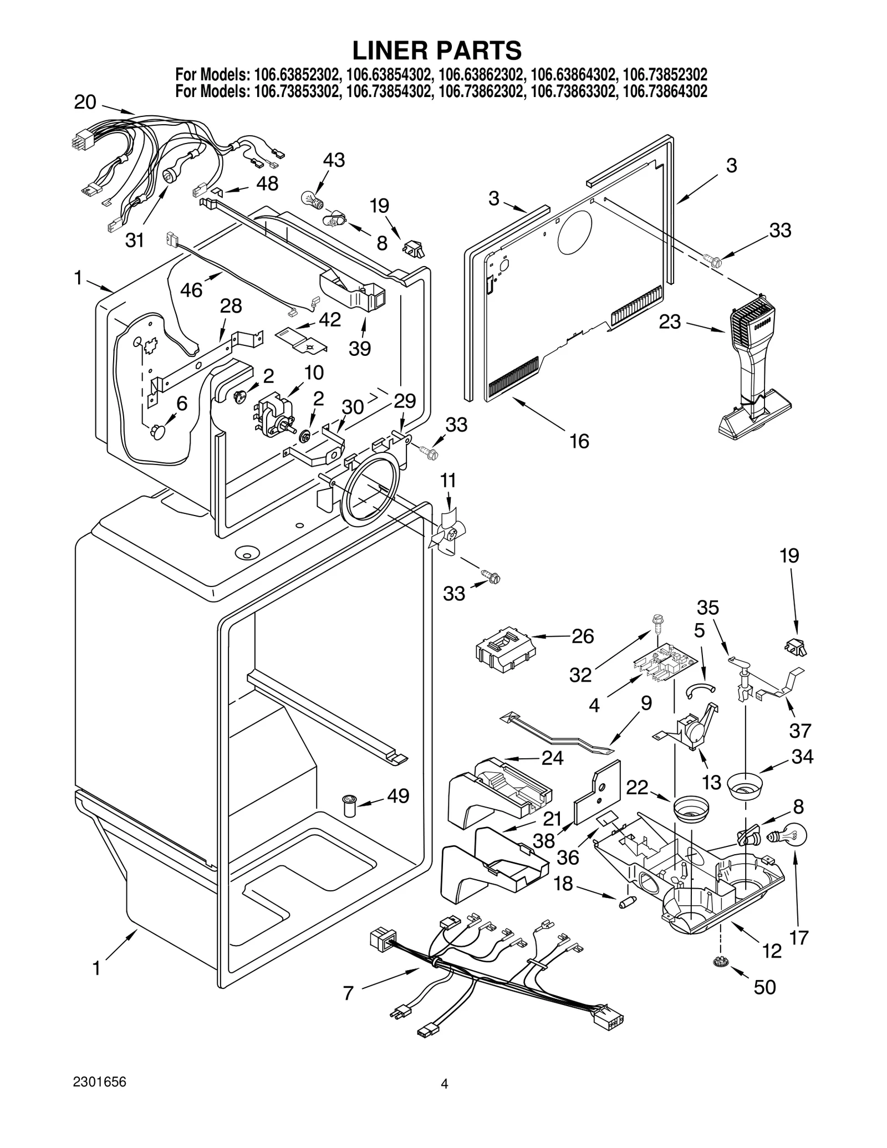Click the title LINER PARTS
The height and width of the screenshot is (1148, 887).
click(x=437, y=50)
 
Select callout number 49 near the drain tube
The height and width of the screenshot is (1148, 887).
click(x=398, y=796)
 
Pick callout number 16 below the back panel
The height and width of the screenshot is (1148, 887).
click(x=579, y=441)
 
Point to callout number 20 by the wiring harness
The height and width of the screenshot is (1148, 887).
click(x=85, y=103)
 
